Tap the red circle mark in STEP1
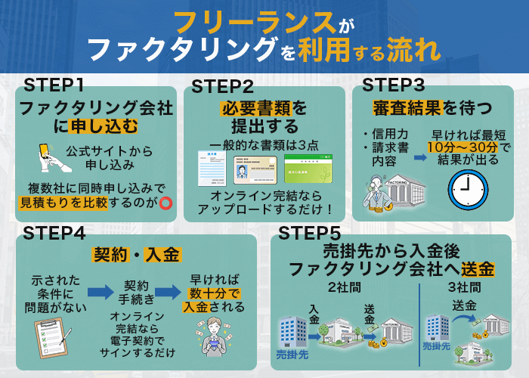pos(166,202)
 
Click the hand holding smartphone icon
pos(48,156)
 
